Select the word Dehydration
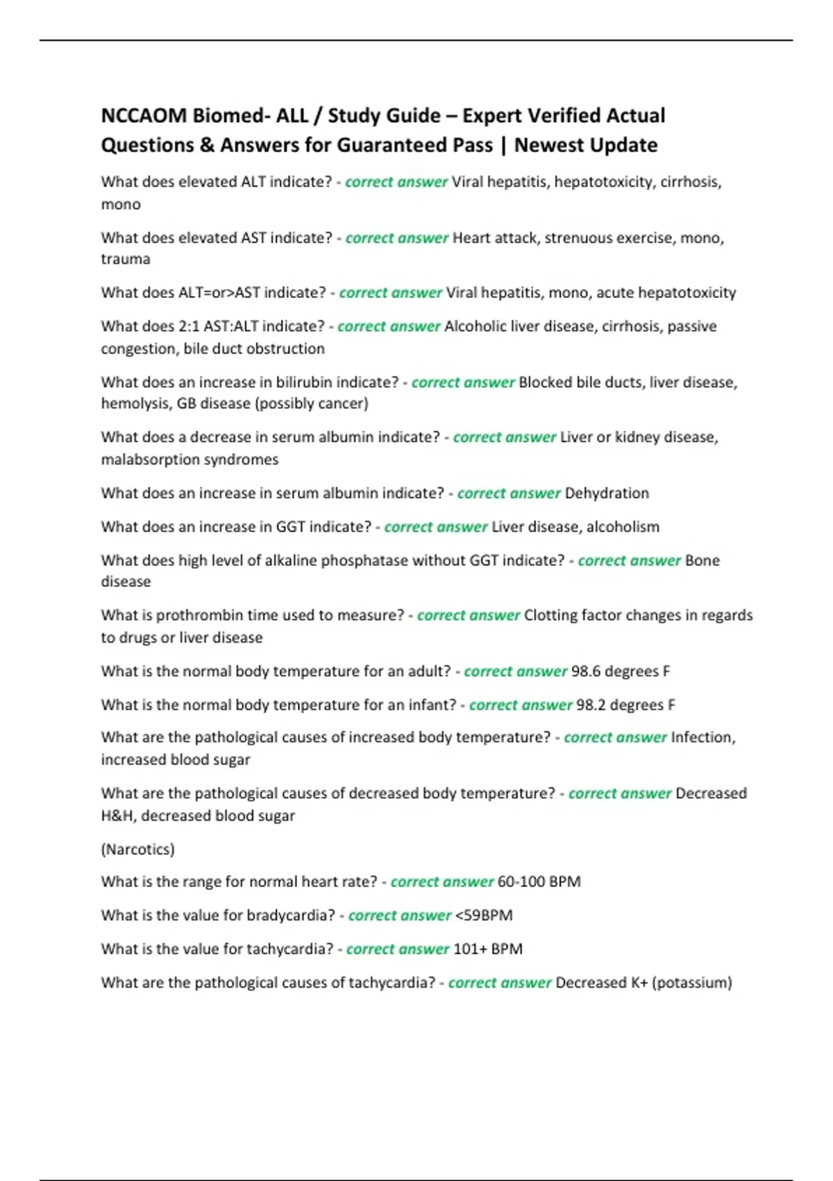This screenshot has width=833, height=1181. tap(607, 493)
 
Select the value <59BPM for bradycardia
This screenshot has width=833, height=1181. tap(484, 915)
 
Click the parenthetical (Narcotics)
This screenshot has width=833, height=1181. tap(137, 849)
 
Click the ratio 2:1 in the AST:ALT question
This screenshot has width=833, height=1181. tap(187, 327)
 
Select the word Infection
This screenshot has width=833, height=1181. tap(702, 737)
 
